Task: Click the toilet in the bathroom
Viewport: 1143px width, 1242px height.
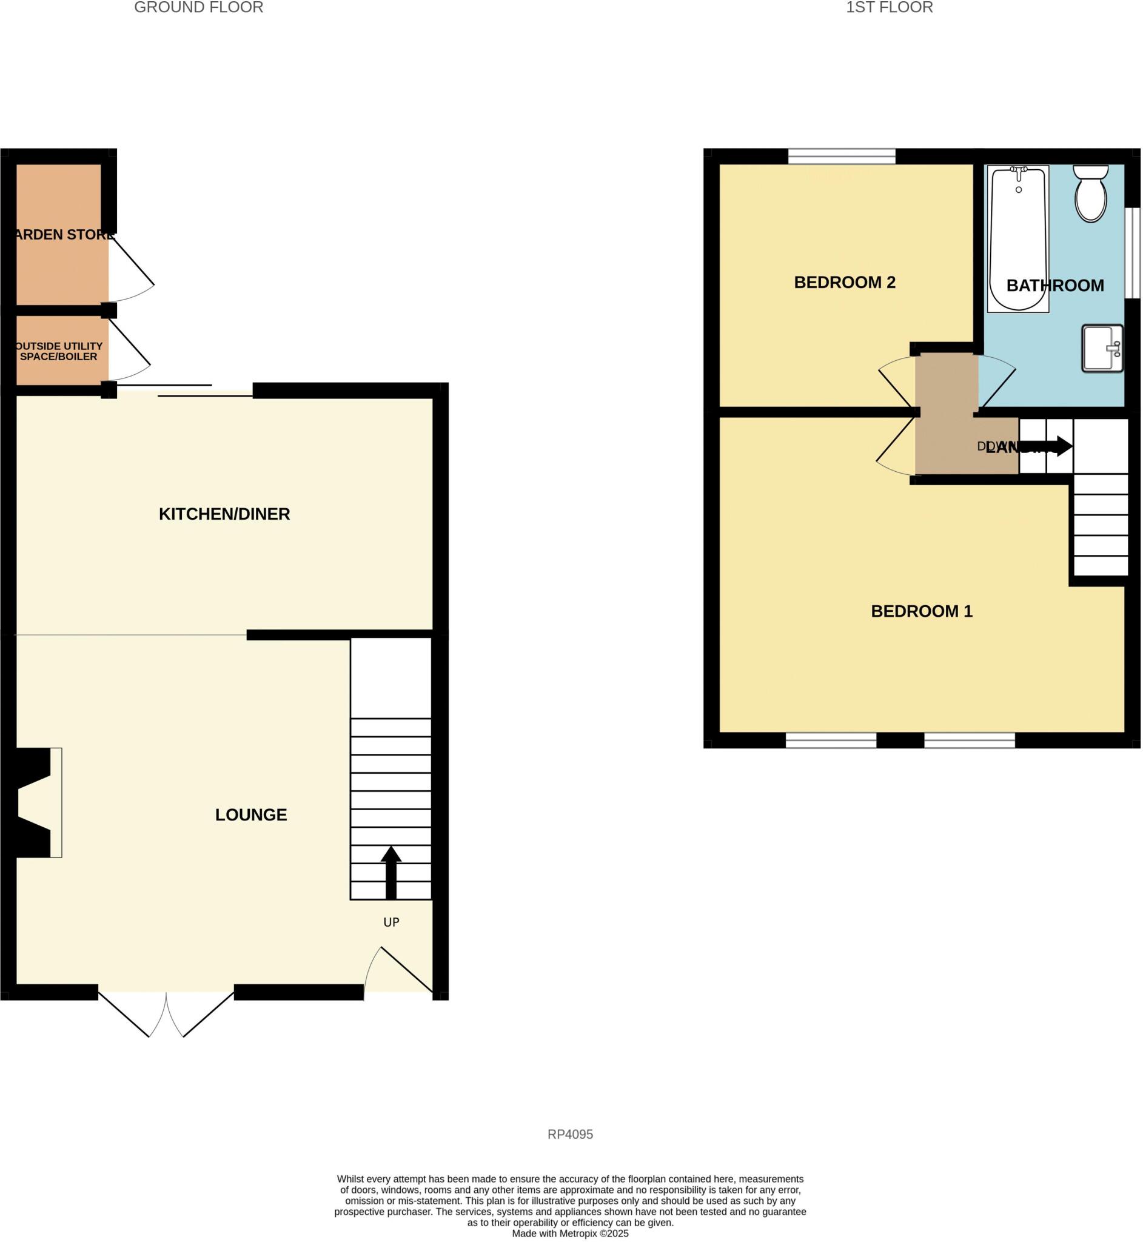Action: pos(1090,193)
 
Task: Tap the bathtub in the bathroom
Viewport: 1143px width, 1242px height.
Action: pos(1017,238)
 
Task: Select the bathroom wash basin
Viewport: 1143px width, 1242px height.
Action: pos(1102,348)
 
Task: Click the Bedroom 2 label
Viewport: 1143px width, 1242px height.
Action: pos(844,283)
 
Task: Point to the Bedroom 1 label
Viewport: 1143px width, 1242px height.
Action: pos(921,612)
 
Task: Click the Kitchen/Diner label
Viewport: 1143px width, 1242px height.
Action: pos(224,514)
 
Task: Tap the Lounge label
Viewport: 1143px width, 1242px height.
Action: pos(250,815)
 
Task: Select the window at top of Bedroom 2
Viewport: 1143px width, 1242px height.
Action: pos(841,156)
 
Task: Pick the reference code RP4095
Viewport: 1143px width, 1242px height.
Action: pos(569,1135)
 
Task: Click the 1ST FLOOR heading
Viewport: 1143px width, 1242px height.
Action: pos(889,7)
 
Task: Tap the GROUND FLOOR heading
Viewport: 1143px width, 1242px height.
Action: pos(198,7)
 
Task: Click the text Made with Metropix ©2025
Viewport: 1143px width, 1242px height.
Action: pos(569,1234)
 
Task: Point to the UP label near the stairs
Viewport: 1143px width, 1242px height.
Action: pos(391,922)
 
